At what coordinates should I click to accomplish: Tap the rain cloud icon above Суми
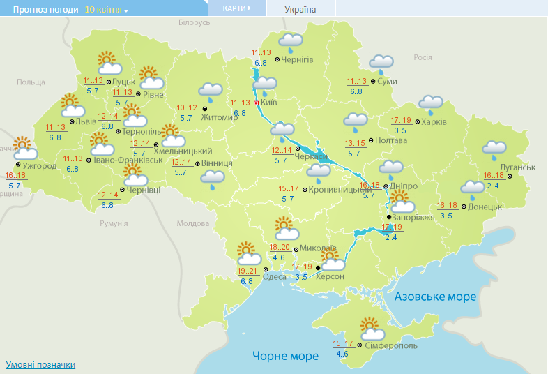coord(381,63)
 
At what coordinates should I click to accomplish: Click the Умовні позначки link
coord(40,364)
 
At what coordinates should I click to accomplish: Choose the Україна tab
coord(300,9)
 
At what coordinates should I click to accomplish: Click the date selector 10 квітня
coord(107,10)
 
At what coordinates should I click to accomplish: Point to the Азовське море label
coord(435,297)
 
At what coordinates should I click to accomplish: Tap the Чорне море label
coord(285,356)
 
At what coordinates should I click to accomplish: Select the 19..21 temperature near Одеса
coord(247,271)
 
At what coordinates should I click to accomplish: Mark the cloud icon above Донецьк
coord(473,186)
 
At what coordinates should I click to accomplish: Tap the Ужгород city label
coord(40,166)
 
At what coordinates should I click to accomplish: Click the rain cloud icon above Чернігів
coord(290,42)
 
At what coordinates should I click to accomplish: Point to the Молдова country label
coord(192,223)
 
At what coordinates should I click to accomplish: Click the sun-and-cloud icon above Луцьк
coord(108,63)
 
